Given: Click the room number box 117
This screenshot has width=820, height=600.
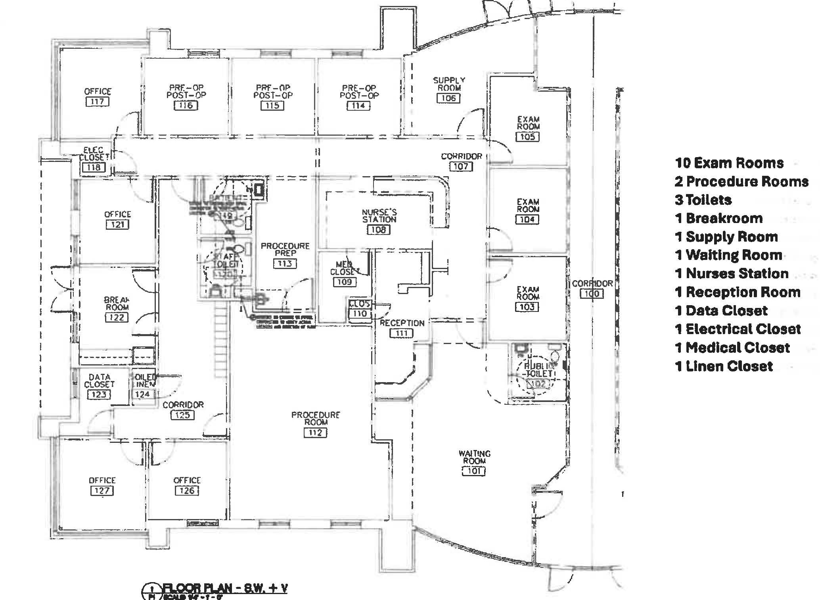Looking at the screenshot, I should pos(97,102).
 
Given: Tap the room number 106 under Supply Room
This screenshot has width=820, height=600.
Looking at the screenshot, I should pos(448,98).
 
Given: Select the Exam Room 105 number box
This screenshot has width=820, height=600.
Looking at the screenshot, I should pos(528,137).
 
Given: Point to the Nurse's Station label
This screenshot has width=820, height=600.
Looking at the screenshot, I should pos(379,216).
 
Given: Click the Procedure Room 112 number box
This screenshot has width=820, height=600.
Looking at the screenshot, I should pos(315,433).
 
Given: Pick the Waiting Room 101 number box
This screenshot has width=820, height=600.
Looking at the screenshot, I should pos(474,471).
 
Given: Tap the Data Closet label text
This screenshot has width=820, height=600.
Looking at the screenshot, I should pos(99,381).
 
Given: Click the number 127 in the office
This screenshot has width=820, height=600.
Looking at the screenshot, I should pos(102,490).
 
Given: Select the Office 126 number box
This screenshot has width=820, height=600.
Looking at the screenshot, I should pos(187,490).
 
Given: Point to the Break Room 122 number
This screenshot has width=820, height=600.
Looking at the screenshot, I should pos(117,317).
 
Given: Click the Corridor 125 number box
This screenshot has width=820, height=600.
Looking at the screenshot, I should pos(183,415).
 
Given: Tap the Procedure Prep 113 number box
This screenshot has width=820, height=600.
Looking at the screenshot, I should pos(285,263).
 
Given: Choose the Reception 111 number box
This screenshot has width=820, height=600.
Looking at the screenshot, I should pos(402,333).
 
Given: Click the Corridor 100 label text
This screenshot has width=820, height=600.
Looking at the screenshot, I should pos(592,284).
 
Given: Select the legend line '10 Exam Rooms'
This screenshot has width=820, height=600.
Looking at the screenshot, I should pos(729,163).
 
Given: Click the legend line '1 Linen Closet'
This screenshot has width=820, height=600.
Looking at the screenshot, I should pos(724,366).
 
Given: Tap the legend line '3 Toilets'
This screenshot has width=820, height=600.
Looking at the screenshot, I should pos(703,200).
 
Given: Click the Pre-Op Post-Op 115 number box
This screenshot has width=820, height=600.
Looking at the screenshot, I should pos(272,106).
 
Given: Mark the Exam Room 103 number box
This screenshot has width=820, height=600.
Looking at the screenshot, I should pos(527,307).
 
